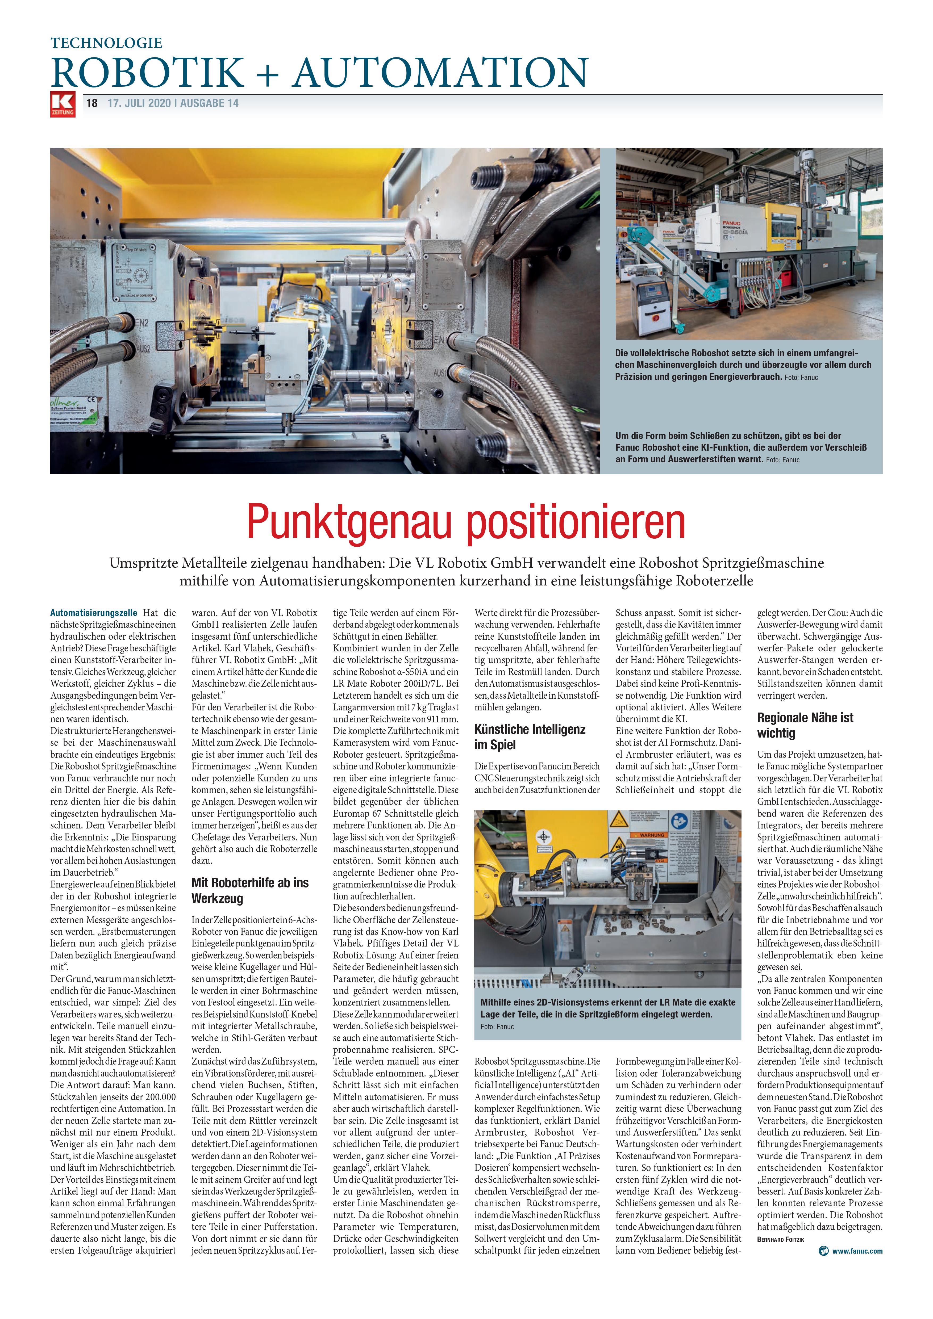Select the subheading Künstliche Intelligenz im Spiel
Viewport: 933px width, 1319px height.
click(x=530, y=737)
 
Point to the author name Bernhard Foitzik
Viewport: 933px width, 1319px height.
click(x=780, y=1239)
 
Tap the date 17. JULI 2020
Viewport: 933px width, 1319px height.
click(x=140, y=103)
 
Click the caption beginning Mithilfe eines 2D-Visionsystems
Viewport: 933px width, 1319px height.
click(x=607, y=1008)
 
